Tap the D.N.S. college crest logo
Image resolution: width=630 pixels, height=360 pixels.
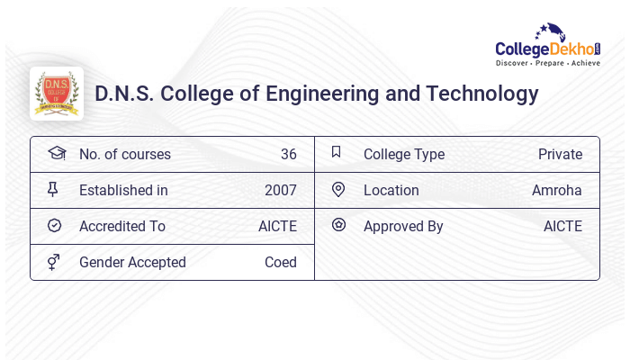click(57, 94)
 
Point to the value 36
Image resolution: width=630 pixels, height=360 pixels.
click(288, 154)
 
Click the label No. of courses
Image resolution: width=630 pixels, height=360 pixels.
click(124, 154)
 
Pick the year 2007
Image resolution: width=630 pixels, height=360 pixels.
click(280, 190)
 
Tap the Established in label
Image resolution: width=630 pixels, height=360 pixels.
click(123, 190)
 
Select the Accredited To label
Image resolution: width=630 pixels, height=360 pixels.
click(122, 226)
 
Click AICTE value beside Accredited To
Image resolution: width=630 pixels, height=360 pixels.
click(277, 226)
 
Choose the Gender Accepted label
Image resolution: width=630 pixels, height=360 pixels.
click(132, 262)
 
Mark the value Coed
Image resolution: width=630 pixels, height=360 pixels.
click(280, 262)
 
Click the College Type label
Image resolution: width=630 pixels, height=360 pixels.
click(404, 154)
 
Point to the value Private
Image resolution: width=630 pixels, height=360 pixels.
click(560, 154)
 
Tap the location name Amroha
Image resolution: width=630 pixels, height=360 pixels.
click(557, 190)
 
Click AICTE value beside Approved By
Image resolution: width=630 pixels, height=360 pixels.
click(562, 226)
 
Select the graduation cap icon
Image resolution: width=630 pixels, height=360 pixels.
click(56, 153)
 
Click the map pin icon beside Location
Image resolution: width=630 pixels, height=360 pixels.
click(338, 189)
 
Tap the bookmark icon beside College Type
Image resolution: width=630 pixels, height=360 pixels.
click(337, 152)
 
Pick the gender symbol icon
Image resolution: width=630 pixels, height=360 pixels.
click(54, 262)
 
